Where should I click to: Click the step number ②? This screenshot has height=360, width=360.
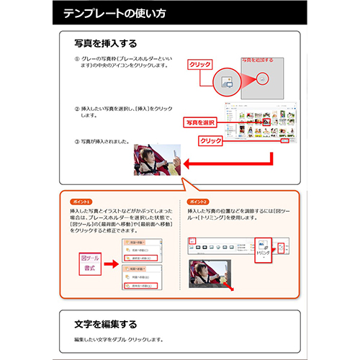pyautogui.click(x=77, y=109)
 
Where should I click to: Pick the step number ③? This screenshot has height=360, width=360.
pyautogui.click(x=77, y=140)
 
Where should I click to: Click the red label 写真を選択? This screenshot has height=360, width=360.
pyautogui.click(x=201, y=122)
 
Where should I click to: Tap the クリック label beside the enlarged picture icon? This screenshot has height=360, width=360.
pyautogui.click(x=199, y=65)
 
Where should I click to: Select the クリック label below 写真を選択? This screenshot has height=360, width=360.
pyautogui.click(x=210, y=140)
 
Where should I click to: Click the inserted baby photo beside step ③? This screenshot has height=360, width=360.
pyautogui.click(x=156, y=161)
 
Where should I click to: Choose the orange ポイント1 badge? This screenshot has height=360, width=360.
pyautogui.click(x=81, y=202)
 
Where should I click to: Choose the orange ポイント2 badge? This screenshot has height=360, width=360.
pyautogui.click(x=197, y=202)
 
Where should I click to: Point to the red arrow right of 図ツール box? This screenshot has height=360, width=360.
pyautogui.click(x=114, y=262)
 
